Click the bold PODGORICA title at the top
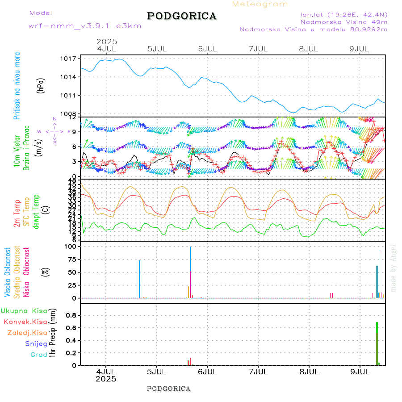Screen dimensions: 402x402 coord(182,16)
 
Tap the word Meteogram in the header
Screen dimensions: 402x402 coord(260,4)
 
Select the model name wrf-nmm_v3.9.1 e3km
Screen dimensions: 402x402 coord(85,26)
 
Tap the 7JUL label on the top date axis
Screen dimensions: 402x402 coord(258,48)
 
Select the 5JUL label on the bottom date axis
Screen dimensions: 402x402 coord(156,371)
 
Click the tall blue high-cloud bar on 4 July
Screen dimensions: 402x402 coord(140,279)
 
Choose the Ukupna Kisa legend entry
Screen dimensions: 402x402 coord(24,311)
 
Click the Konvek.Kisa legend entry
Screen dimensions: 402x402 coord(25,322)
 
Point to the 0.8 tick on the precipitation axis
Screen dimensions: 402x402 coord(71,315)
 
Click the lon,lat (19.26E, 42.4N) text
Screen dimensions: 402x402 coord(343,14)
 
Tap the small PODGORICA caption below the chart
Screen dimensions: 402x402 coord(168,389)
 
